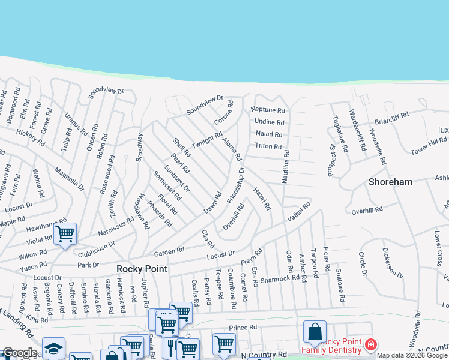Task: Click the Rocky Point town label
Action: pyautogui.click(x=141, y=269)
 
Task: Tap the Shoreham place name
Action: pyautogui.click(x=391, y=182)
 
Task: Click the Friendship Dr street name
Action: pyautogui.click(x=236, y=185)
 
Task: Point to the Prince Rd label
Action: pyautogui.click(x=243, y=328)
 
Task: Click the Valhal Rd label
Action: pyautogui.click(x=298, y=214)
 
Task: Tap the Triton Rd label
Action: pyautogui.click(x=268, y=146)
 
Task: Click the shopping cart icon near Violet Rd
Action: pyautogui.click(x=65, y=233)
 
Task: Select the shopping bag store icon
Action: pyautogui.click(x=315, y=332)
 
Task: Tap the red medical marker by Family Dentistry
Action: pyautogui.click(x=370, y=346)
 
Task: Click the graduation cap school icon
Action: pyautogui.click(x=53, y=348)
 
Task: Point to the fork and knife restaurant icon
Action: pyautogui.click(x=170, y=347)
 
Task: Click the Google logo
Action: pyautogui.click(x=20, y=353)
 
